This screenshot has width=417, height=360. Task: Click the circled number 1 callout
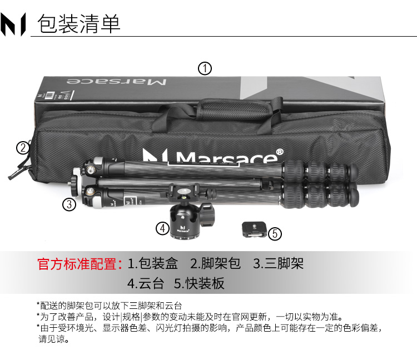(x=205, y=68)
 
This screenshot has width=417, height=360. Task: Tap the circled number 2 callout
(x=23, y=148)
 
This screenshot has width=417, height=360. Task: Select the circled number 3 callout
(x=69, y=204)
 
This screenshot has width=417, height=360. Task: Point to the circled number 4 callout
(x=162, y=228)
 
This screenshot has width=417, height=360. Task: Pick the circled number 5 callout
(x=275, y=234)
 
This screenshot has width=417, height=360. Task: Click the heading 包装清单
(x=79, y=24)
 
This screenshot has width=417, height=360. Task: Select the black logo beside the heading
(x=13, y=24)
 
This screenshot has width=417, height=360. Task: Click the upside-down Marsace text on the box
(x=117, y=81)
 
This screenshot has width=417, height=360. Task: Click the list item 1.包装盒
(x=153, y=263)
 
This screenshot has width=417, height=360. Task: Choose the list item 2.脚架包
(x=215, y=263)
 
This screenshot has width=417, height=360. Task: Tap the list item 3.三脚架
(x=278, y=263)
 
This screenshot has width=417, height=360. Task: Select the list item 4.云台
(x=146, y=283)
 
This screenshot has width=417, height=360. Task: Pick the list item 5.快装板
(x=199, y=283)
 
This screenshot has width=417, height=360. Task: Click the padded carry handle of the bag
(x=235, y=108)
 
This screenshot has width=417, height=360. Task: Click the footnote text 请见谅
(x=54, y=339)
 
